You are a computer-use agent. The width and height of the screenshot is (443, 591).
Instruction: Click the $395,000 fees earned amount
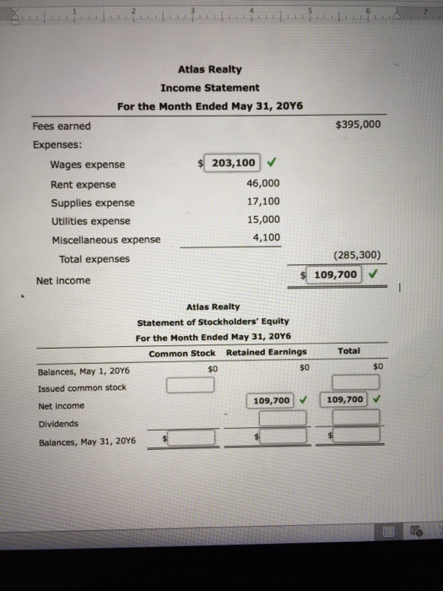click(359, 125)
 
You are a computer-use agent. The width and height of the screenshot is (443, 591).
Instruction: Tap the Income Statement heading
click(210, 88)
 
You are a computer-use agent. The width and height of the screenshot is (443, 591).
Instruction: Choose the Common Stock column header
click(181, 352)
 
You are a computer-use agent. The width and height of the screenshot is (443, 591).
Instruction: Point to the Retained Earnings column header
click(266, 352)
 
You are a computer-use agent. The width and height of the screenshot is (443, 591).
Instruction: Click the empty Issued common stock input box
click(189, 386)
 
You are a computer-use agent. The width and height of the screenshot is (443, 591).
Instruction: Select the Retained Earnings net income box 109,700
click(273, 399)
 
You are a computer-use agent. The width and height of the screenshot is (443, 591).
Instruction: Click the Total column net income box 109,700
click(346, 399)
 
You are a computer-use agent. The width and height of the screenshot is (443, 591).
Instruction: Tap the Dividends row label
click(57, 423)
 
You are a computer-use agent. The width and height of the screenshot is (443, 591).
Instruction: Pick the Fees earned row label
click(62, 126)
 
